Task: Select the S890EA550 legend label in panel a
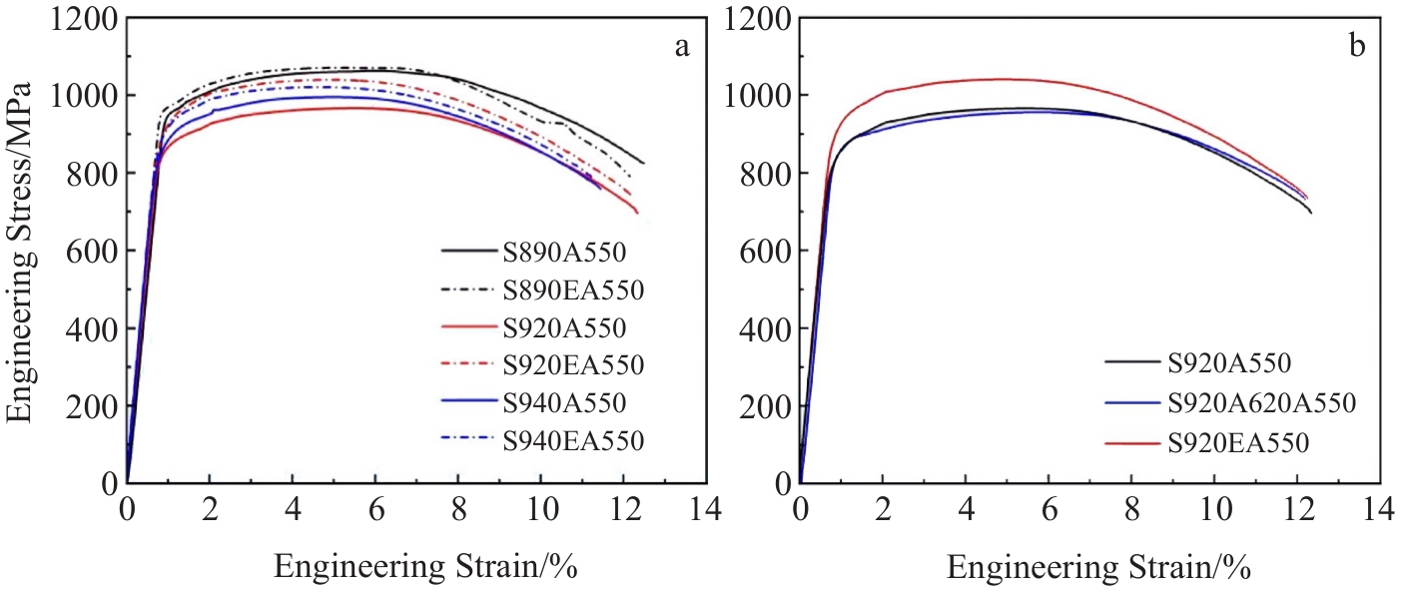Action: tap(573, 291)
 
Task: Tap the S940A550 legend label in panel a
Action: tap(566, 402)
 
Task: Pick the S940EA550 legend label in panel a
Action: tap(573, 439)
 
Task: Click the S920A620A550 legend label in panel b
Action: tap(1261, 402)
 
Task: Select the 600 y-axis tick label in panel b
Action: tap(764, 252)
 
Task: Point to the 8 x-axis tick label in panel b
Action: tap(1129, 508)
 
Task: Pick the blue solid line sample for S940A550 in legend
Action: tap(465, 403)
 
